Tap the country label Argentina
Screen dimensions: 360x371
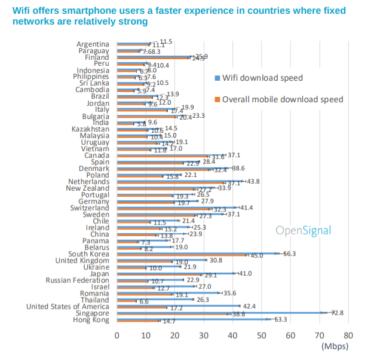click(x=93, y=44)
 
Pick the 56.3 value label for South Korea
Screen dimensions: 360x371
click(x=290, y=254)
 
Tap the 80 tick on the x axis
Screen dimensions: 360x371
click(x=348, y=335)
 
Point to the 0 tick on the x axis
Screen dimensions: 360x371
click(x=117, y=335)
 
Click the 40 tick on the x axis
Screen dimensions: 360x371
click(x=233, y=335)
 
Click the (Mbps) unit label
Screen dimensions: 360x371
click(x=335, y=346)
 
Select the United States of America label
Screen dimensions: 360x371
click(x=68, y=307)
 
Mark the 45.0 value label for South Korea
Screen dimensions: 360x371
click(x=257, y=255)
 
